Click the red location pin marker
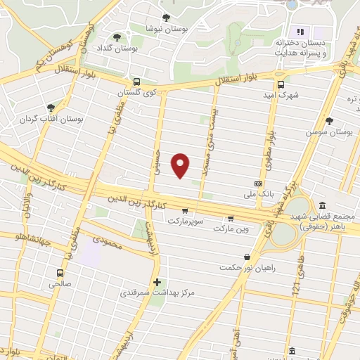(x=181, y=164)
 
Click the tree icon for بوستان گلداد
(x=117, y=37)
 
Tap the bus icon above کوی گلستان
(x=136, y=81)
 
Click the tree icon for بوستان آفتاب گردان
(x=51, y=108)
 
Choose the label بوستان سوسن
(x=329, y=131)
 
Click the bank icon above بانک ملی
(x=257, y=182)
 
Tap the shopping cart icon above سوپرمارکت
(x=184, y=210)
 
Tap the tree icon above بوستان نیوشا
(x=166, y=18)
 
